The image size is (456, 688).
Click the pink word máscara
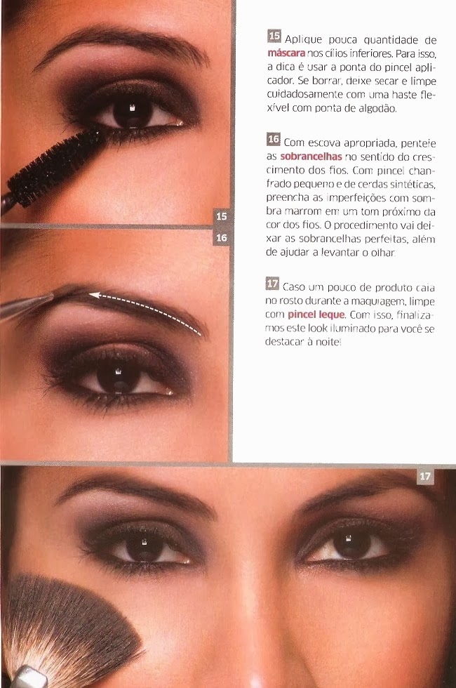point(286,53)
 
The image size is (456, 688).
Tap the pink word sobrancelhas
point(311,157)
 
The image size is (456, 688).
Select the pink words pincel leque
point(316,315)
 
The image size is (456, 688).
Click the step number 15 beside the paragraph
point(274,36)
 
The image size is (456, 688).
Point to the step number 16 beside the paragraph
point(273,139)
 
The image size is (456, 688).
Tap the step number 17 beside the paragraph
point(272,284)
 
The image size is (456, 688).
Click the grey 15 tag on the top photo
point(222,216)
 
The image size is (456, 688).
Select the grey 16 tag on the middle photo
point(222,238)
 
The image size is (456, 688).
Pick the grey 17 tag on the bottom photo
point(425,477)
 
